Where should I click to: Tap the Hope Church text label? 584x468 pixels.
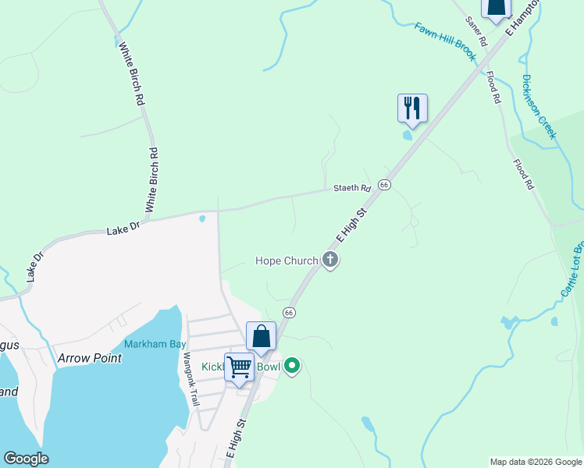point(287,261)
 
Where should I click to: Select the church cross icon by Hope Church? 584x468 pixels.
point(330,261)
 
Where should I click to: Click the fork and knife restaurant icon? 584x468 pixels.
point(412,108)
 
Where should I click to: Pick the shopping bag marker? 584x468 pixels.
point(261,336)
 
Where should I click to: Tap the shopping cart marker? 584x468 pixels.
point(239,367)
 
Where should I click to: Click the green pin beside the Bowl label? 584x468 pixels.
point(292,365)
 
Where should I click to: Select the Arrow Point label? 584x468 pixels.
point(90,358)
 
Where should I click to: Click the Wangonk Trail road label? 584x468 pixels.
point(191,379)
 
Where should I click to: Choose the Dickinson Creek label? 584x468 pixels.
point(539,106)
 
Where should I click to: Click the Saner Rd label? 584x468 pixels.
point(476,29)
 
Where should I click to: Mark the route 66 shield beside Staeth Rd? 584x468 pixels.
point(384,184)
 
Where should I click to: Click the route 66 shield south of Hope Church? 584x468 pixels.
point(289,313)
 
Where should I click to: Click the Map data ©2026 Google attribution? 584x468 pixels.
point(535,462)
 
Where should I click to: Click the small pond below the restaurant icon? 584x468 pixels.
point(407,135)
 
